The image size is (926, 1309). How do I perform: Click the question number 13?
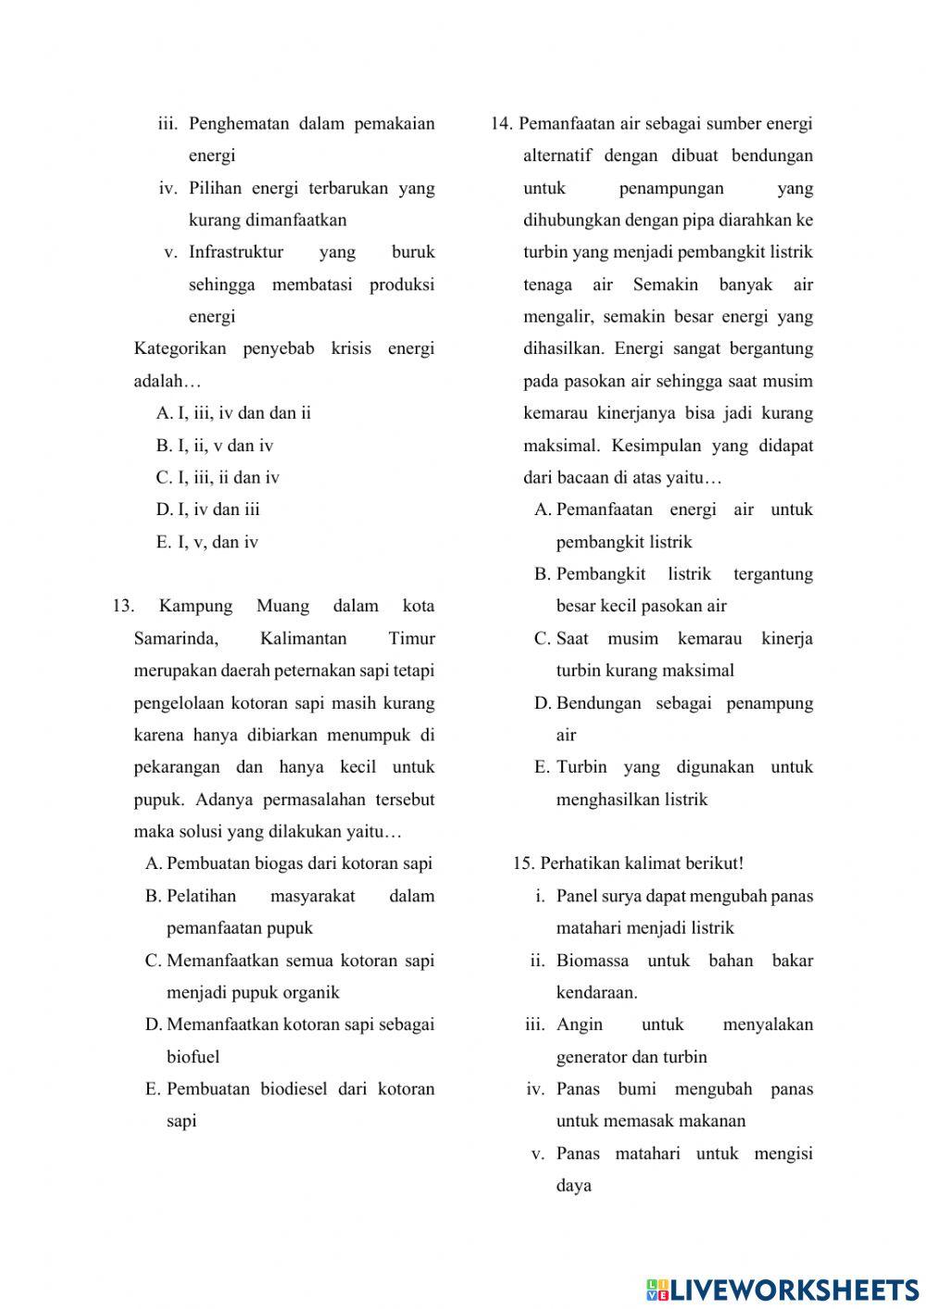(122, 607)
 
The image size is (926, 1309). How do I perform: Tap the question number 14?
(501, 124)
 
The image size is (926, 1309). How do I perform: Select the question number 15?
(523, 863)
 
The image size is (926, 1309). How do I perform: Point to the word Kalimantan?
(303, 639)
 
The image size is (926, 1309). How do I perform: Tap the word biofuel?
(193, 1057)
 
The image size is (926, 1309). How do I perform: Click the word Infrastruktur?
(235, 252)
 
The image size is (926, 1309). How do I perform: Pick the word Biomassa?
(592, 961)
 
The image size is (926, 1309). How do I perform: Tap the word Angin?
(579, 1025)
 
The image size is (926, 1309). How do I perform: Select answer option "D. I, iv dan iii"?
(207, 510)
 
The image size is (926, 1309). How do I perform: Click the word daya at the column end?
(573, 1186)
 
